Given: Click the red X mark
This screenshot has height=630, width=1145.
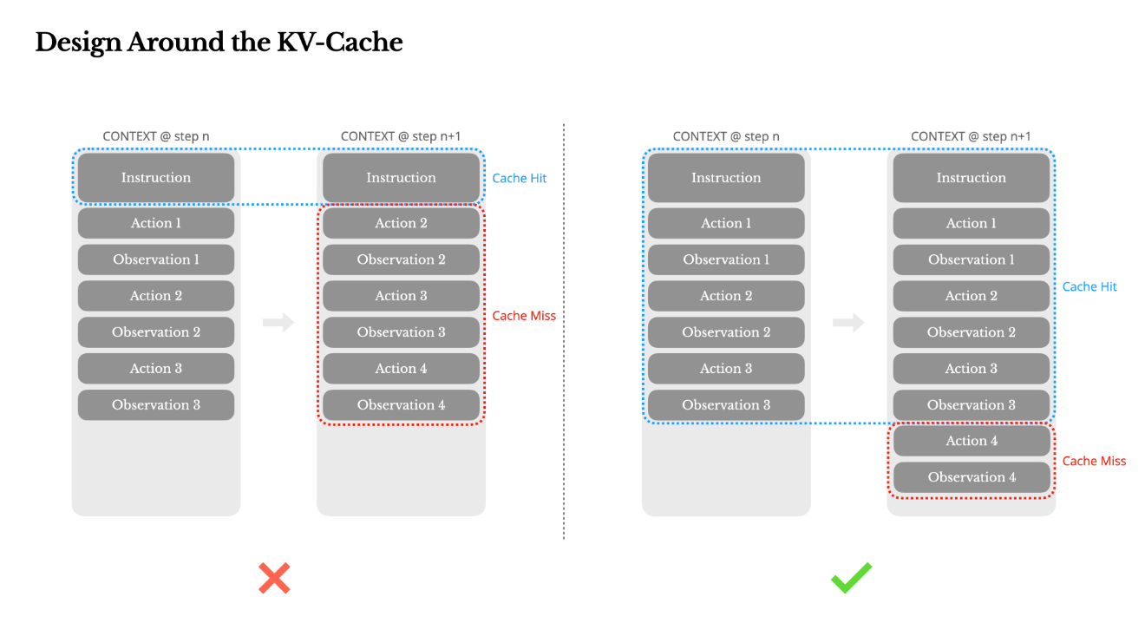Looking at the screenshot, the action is (274, 578).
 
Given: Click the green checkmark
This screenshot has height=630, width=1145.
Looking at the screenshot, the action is (852, 578).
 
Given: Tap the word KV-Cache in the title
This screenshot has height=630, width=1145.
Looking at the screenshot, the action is (340, 42).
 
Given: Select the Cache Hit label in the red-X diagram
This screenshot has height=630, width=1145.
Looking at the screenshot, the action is (519, 178).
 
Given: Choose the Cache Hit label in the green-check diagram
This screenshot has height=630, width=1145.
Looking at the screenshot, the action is (1089, 286).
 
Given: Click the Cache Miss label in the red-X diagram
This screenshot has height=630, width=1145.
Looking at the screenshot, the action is (524, 316).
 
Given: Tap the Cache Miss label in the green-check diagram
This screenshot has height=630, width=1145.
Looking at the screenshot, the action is (1094, 461).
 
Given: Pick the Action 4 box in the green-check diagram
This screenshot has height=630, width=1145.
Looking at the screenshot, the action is (972, 440).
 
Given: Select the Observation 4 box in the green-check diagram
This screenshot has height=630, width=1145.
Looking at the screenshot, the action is (972, 477).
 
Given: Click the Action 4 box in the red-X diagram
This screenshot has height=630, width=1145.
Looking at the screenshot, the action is (401, 368).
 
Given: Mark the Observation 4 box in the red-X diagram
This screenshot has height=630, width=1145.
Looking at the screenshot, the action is (401, 404).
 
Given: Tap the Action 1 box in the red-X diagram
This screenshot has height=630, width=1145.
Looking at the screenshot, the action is (156, 223).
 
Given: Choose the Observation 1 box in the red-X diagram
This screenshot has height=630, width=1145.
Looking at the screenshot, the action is (156, 259).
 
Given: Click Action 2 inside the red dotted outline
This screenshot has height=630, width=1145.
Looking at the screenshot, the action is (401, 223).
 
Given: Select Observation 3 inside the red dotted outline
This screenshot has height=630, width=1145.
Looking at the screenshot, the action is (401, 331).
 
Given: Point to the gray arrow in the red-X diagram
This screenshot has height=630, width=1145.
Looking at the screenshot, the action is (278, 322).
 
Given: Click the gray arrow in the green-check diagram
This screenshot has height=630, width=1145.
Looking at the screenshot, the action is (848, 322).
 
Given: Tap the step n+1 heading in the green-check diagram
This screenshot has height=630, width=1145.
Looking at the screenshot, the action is (971, 136).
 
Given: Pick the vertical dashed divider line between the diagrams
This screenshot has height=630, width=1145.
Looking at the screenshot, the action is (564, 331).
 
